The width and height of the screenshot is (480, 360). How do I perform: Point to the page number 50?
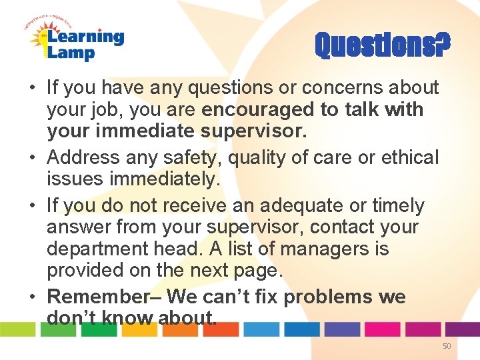coord(447,345)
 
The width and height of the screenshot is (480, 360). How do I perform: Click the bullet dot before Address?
coord(33,158)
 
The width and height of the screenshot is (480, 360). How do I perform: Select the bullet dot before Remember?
coord(33,297)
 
